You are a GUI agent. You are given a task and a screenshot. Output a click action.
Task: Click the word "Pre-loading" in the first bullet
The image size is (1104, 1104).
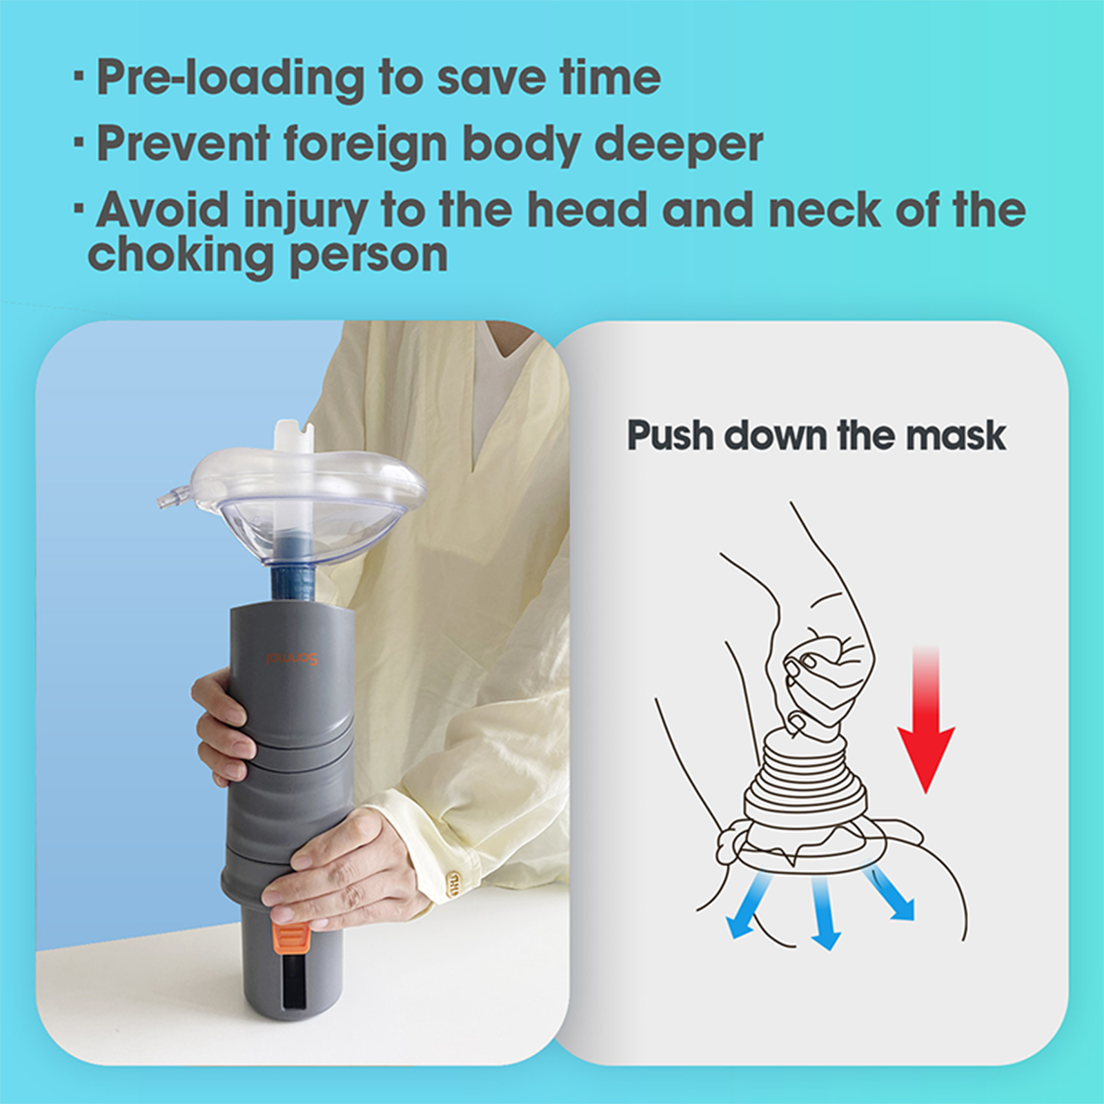pyautogui.click(x=230, y=78)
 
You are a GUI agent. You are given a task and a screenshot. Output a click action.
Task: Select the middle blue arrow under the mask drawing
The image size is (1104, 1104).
pyautogui.click(x=824, y=914)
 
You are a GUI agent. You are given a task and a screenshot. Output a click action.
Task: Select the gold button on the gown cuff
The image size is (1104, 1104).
pyautogui.click(x=455, y=883)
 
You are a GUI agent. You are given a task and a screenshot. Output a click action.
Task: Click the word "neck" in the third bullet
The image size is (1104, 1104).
pyautogui.click(x=824, y=211)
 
